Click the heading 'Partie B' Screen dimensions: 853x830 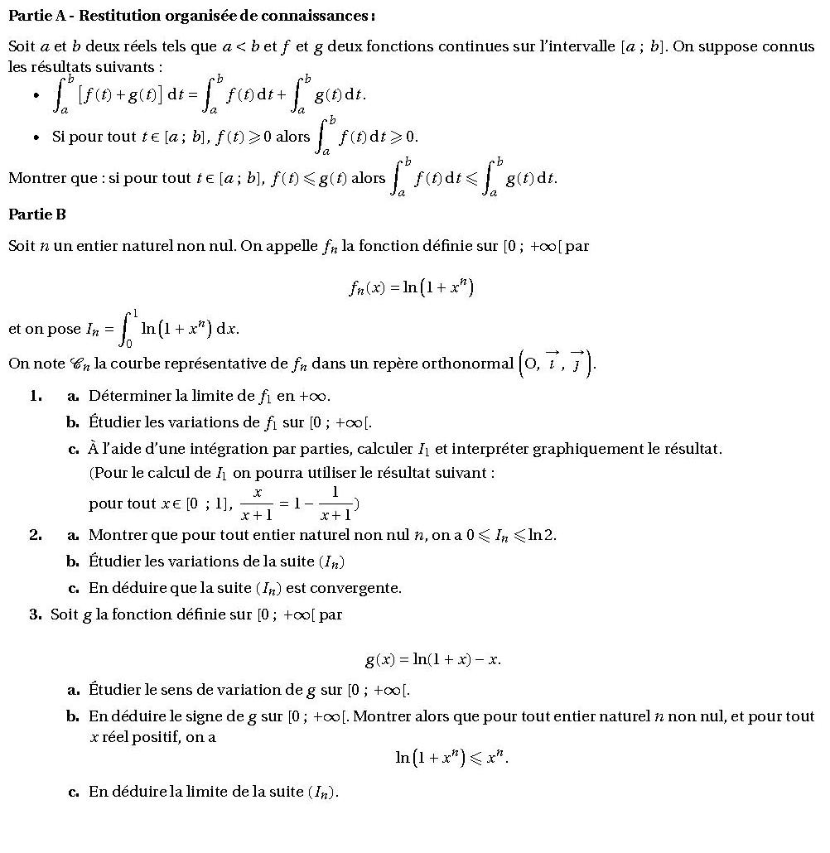36,214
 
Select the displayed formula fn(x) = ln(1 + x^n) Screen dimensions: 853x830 411,287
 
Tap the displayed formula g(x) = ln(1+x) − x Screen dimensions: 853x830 433,660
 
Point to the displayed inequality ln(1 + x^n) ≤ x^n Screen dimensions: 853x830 451,757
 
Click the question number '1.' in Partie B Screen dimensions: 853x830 36,396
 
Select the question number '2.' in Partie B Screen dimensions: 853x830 36,535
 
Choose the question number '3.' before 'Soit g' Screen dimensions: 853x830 36,614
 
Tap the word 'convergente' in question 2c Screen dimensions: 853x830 360,588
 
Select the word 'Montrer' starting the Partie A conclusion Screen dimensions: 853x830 34,178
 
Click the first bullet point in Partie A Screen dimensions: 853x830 36,96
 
